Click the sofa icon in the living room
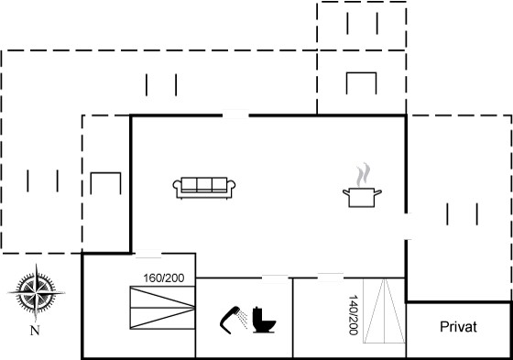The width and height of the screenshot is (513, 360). click(x=204, y=188)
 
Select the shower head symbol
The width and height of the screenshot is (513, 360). click(x=233, y=320)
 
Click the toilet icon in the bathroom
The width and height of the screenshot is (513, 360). click(x=265, y=320)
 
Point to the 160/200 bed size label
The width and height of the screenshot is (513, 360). click(x=164, y=278)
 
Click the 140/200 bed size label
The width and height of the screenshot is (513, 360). click(x=353, y=315)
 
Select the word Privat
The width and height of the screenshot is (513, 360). click(x=458, y=327)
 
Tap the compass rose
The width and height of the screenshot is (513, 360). click(x=36, y=292)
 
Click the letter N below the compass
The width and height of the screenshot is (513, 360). click(x=35, y=330)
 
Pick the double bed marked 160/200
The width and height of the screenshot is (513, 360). click(x=163, y=307)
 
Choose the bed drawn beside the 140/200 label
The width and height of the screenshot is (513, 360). click(x=385, y=311)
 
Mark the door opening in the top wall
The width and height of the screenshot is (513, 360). click(x=235, y=115)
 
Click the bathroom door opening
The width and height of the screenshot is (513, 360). click(x=275, y=278)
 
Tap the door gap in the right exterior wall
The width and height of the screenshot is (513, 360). click(x=406, y=226)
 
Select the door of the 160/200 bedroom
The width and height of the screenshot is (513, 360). click(x=148, y=254)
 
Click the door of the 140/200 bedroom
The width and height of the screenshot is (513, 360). click(x=331, y=278)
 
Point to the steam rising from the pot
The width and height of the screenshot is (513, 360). click(x=363, y=174)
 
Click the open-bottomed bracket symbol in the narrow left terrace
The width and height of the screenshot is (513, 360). click(x=105, y=183)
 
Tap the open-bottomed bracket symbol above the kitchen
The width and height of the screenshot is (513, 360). click(x=361, y=83)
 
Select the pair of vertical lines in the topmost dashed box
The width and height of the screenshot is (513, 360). click(x=363, y=23)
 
